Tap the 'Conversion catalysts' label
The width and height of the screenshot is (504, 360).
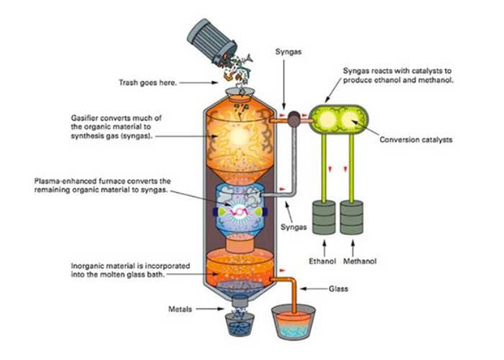click(x=416, y=140)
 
